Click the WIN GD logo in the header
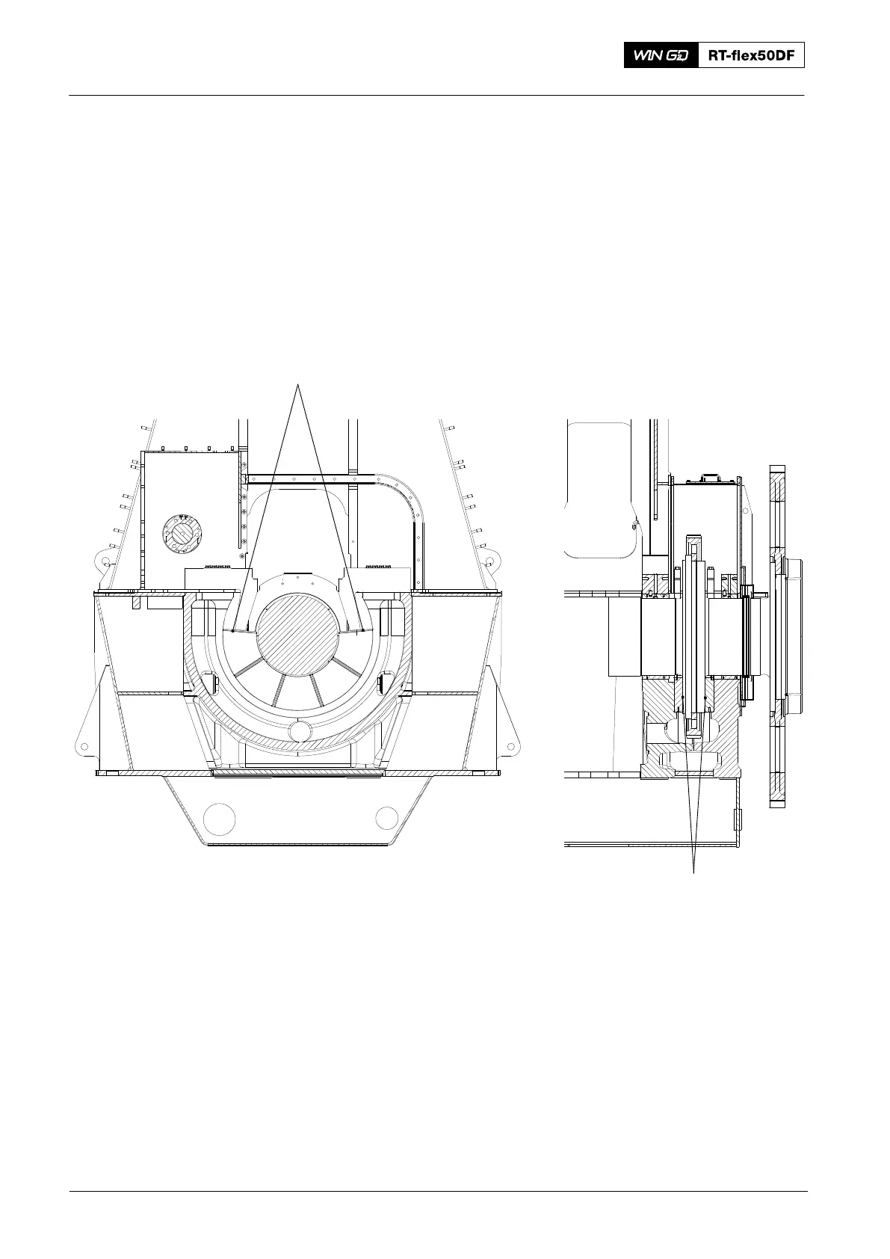click(x=661, y=55)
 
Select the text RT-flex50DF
click(x=751, y=55)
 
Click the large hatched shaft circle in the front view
click(x=298, y=634)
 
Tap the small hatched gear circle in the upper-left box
click(x=182, y=534)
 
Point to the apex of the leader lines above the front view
click(x=298, y=385)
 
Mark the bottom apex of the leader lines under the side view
click(x=694, y=873)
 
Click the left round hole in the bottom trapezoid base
click(x=219, y=819)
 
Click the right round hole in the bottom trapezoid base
click(x=386, y=819)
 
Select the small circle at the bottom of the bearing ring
click(x=299, y=730)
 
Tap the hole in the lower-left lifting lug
click(x=84, y=746)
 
